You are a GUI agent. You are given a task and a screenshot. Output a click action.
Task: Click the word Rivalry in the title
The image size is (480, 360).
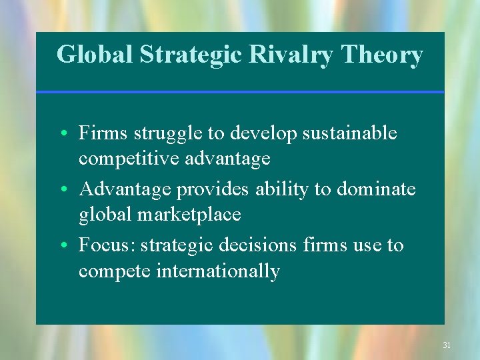click(291, 55)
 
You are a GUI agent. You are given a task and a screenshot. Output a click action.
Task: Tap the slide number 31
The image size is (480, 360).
click(447, 345)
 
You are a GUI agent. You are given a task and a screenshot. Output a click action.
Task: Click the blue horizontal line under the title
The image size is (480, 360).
click(240, 92)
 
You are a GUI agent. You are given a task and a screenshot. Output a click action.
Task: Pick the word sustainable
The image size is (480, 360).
click(349, 133)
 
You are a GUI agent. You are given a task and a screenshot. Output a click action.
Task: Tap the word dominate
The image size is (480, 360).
click(376, 189)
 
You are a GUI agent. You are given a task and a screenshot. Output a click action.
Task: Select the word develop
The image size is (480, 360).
click(263, 134)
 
